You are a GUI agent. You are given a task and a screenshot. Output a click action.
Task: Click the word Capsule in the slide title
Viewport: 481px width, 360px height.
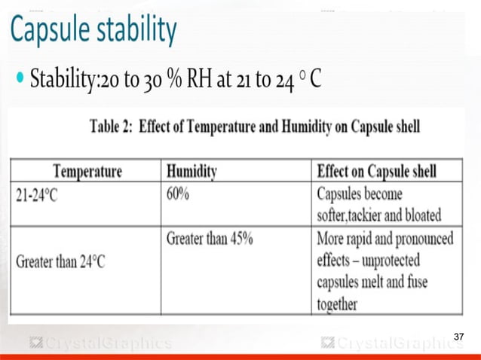click(54, 32)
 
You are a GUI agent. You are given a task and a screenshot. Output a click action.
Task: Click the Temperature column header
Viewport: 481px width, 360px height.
click(87, 171)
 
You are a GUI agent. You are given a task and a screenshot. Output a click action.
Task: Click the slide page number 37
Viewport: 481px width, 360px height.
click(459, 336)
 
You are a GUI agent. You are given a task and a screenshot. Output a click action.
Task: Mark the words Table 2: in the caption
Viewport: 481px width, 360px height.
click(113, 126)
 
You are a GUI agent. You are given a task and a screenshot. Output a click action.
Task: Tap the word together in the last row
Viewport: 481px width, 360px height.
click(337, 305)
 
